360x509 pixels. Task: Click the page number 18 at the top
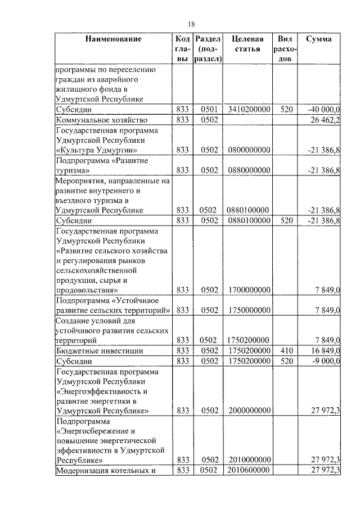pos(191,23)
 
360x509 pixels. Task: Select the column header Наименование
pos(113,39)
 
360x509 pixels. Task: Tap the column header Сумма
pos(318,39)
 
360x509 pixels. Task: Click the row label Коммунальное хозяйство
pos(102,120)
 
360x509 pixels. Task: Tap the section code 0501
pos(208,110)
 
